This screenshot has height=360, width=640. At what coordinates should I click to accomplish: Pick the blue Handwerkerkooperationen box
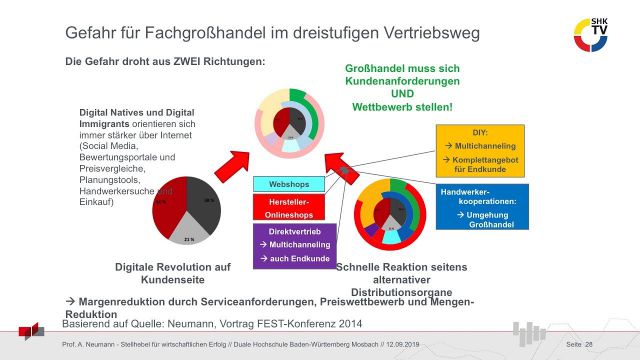(477, 207)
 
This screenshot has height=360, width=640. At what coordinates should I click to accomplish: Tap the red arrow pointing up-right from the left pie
(235, 163)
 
